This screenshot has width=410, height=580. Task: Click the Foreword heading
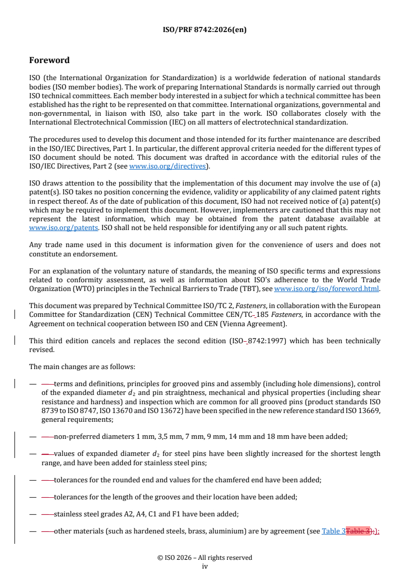tap(50, 60)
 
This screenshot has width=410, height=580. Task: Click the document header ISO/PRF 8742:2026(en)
tap(205, 29)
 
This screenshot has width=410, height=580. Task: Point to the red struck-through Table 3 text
tap(357, 531)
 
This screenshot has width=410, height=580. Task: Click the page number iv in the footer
tap(205, 566)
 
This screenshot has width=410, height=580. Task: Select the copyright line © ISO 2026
tap(205, 558)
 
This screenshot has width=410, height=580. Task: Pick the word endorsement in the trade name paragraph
tap(94, 253)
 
